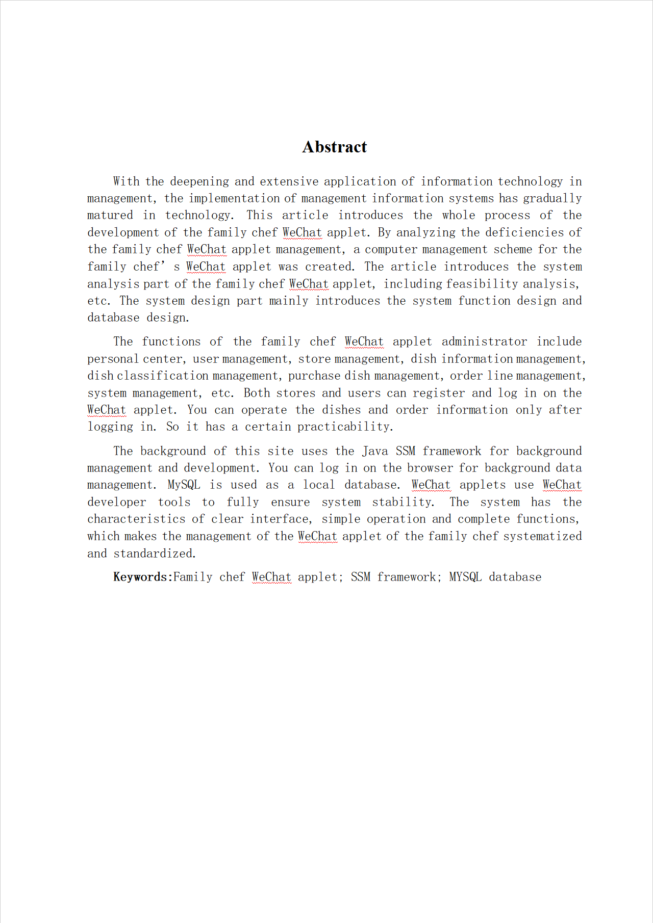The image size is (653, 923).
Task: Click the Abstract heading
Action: click(x=334, y=147)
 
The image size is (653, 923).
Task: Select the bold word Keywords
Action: click(x=140, y=577)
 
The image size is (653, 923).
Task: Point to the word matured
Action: click(x=110, y=215)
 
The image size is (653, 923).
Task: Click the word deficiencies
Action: click(x=524, y=232)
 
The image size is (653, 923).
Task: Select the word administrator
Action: click(x=484, y=341)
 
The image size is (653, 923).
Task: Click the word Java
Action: click(x=375, y=451)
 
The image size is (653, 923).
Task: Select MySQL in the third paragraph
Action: click(x=184, y=485)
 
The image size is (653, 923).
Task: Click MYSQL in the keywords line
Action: click(x=465, y=577)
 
